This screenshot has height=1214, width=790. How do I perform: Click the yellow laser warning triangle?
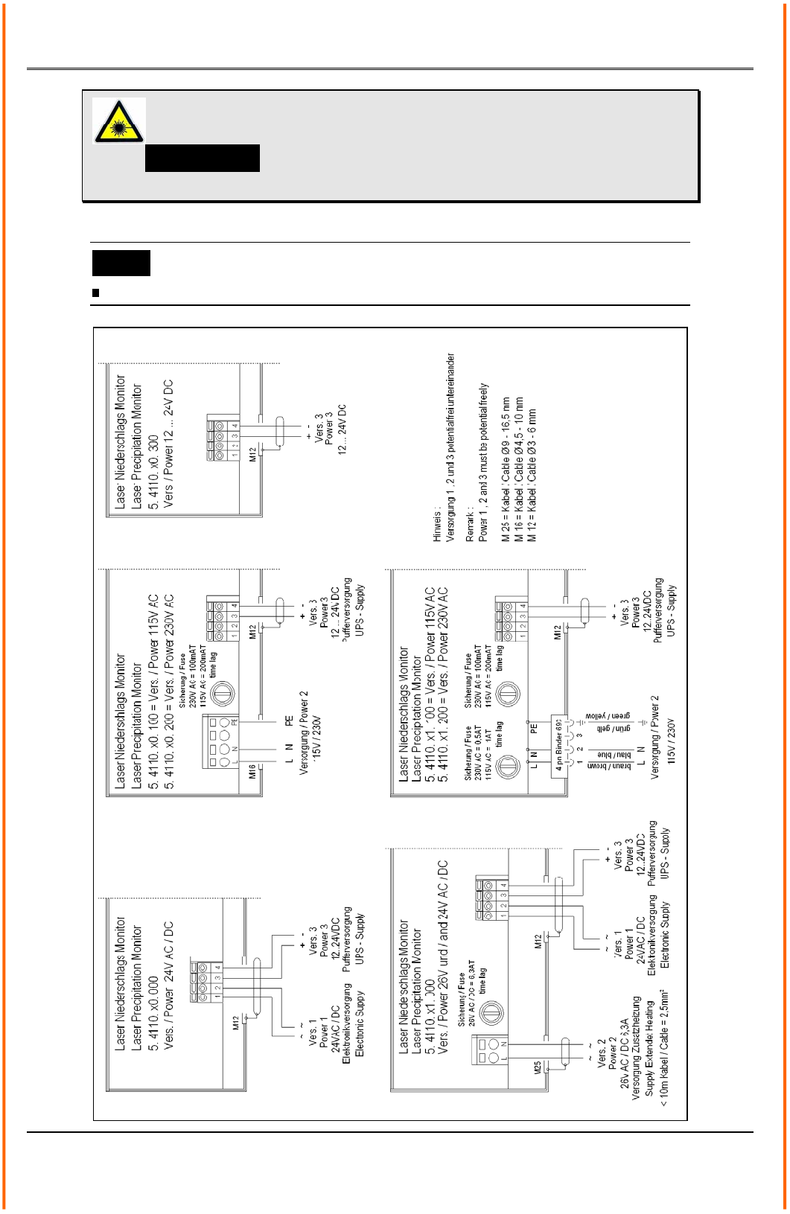[x=118, y=121]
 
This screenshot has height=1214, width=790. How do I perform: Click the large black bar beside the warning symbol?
[x=202, y=159]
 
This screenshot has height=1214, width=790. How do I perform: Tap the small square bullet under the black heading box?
[x=95, y=293]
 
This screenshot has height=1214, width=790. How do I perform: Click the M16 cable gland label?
[x=253, y=771]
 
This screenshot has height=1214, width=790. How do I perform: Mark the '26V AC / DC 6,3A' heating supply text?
[x=625, y=1048]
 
